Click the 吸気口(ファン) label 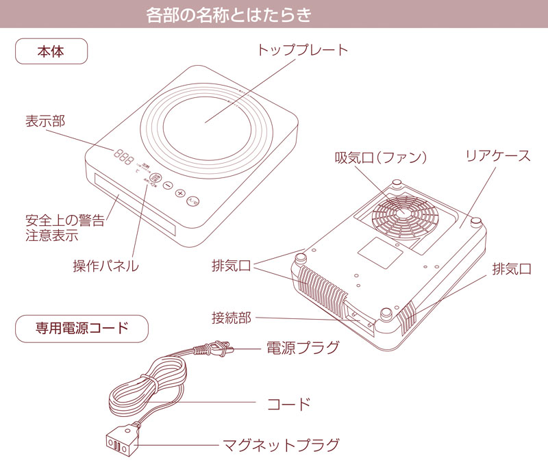381,157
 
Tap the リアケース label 498,155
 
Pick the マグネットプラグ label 282,446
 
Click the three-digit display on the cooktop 124,156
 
